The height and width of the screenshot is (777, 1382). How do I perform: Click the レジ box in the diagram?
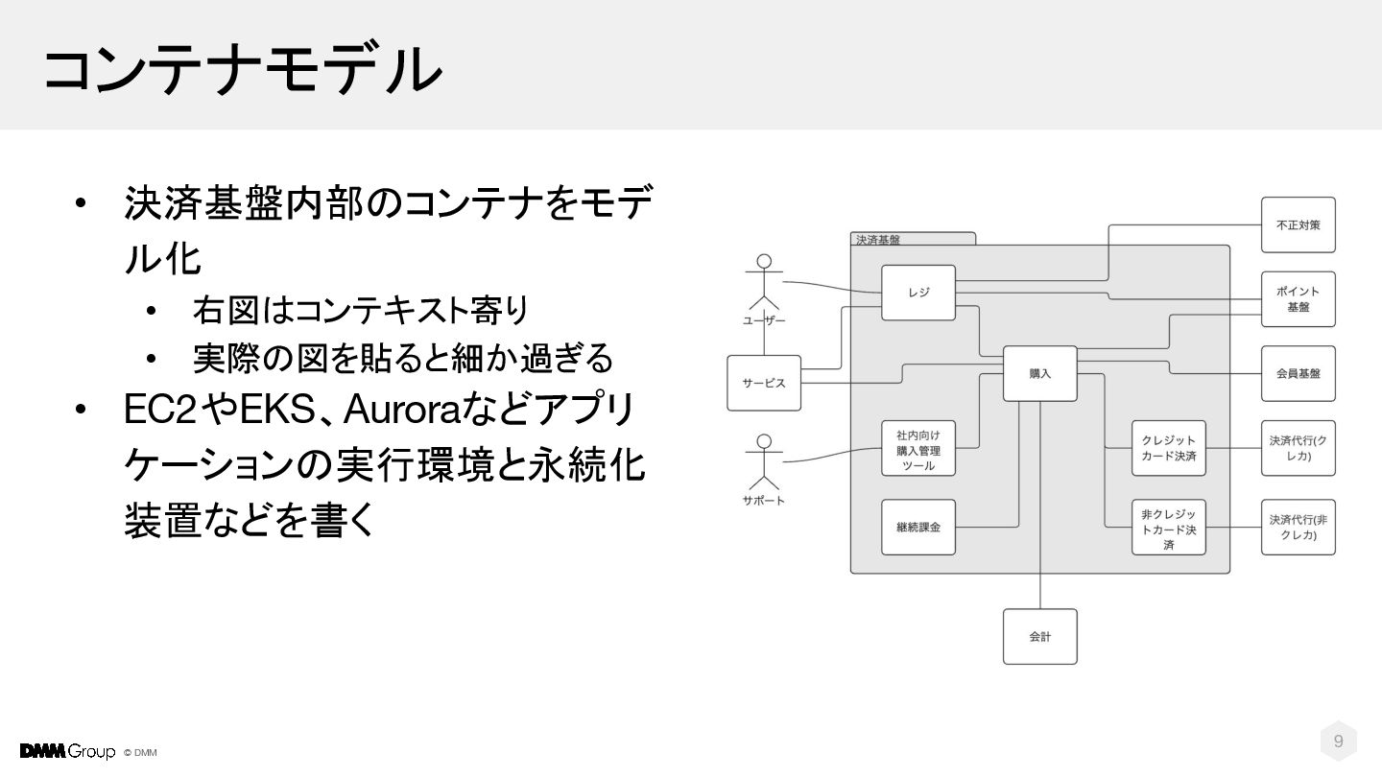tap(918, 293)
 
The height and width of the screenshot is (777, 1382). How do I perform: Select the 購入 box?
tap(1040, 373)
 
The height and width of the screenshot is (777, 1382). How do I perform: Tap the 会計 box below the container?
tap(1040, 636)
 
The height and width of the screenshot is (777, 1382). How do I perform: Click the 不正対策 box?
tap(1298, 224)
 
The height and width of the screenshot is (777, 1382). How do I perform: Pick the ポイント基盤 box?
tap(1298, 299)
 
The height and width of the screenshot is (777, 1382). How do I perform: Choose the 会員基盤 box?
tap(1298, 373)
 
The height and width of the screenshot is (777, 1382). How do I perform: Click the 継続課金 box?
tap(918, 527)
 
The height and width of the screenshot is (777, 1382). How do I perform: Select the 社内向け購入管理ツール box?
tap(918, 449)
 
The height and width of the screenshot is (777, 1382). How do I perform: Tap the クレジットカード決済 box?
tap(1168, 448)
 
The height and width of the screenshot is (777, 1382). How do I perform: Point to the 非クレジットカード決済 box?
tap(1168, 528)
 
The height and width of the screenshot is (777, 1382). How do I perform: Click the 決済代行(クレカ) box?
tap(1298, 448)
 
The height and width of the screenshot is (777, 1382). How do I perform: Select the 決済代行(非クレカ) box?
tap(1298, 527)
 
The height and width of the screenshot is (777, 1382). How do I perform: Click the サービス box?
tap(764, 383)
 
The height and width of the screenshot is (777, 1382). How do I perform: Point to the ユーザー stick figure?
tap(764, 285)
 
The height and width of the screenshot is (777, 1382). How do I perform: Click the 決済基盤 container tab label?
tap(878, 240)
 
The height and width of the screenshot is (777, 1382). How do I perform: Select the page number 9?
tap(1339, 741)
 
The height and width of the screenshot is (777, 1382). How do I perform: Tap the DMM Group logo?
tap(67, 751)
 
